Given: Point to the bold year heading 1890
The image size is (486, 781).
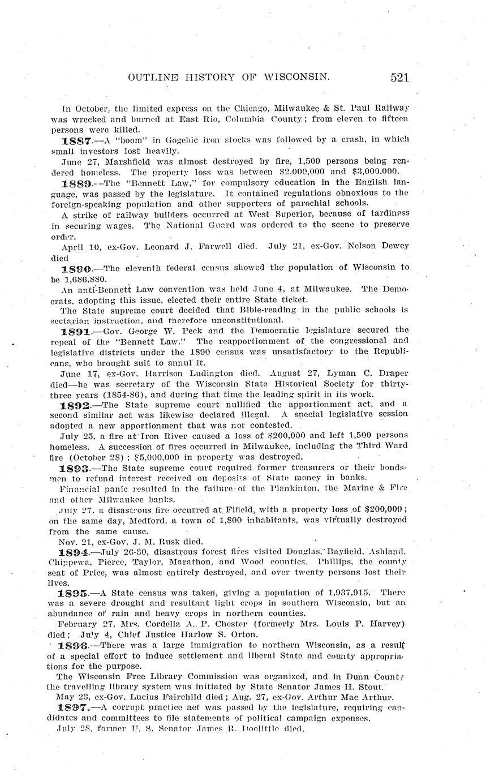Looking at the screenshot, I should (x=75, y=268).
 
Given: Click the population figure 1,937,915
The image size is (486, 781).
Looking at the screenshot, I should (x=350, y=593).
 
